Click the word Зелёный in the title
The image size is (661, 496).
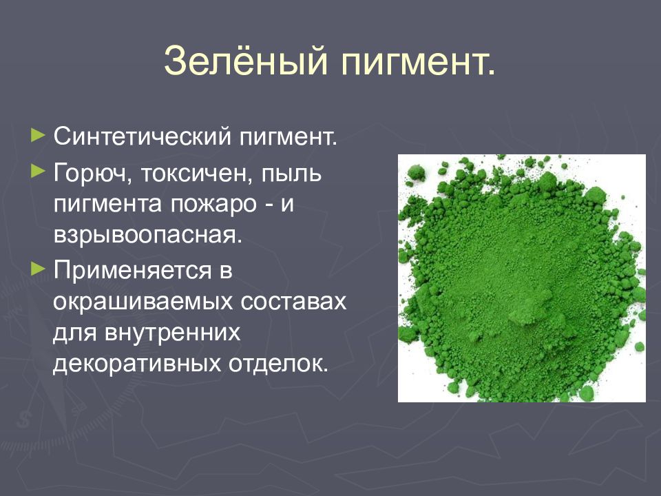[x=244, y=62]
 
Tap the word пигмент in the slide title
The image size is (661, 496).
[x=417, y=62]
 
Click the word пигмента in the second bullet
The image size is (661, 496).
[x=104, y=205]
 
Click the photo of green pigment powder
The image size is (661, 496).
[x=521, y=278]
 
